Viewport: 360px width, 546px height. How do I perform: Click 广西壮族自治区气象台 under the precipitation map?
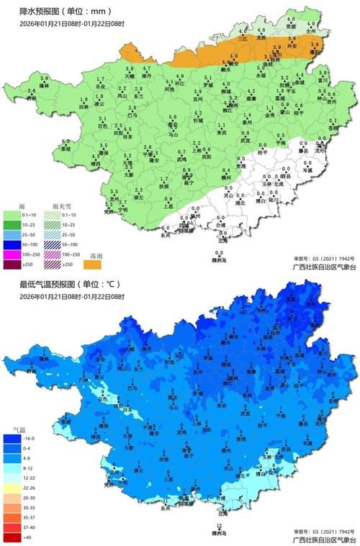click(320, 266)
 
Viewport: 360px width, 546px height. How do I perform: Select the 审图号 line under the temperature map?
click(322, 532)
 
